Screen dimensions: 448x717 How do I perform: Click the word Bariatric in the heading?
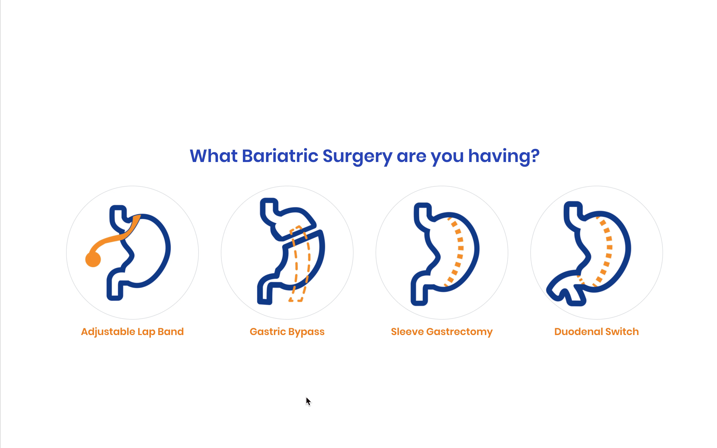point(280,156)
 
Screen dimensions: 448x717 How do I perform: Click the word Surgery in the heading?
point(357,156)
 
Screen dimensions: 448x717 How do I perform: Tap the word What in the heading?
point(213,156)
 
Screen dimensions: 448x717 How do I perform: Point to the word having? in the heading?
point(504,156)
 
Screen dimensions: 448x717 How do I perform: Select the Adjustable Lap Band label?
point(132,331)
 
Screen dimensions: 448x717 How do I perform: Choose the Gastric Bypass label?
point(287,331)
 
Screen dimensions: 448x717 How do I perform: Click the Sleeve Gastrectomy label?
point(442,331)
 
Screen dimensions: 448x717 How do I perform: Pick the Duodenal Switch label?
point(596,331)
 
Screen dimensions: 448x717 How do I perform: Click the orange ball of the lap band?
point(93,259)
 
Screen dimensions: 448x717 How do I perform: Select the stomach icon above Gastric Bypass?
point(292,252)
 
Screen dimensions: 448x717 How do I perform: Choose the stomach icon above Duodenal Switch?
point(592,253)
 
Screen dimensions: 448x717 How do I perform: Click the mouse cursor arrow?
point(308,401)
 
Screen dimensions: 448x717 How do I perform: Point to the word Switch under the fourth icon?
point(622,331)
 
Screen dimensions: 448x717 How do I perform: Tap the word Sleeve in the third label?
point(407,331)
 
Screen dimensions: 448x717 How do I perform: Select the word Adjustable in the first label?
point(108,331)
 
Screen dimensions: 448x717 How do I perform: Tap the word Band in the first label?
point(170,331)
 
